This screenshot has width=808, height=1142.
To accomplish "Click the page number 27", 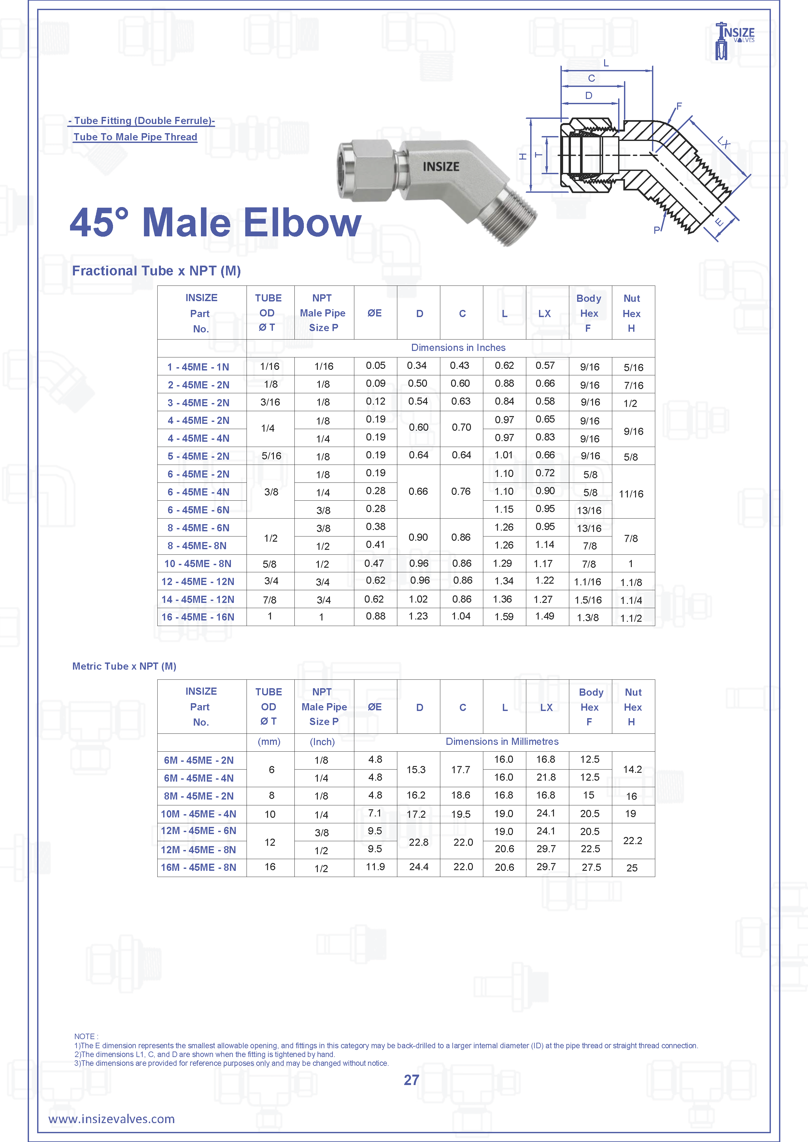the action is coord(411,1080).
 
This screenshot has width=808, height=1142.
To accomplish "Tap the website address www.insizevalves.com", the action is coord(111,1119).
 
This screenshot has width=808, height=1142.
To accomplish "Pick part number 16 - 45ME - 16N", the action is coord(198,617).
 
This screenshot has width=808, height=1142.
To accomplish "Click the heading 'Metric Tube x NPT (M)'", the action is coord(124,666).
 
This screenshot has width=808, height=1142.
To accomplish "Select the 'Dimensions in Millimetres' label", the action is coord(502,742).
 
